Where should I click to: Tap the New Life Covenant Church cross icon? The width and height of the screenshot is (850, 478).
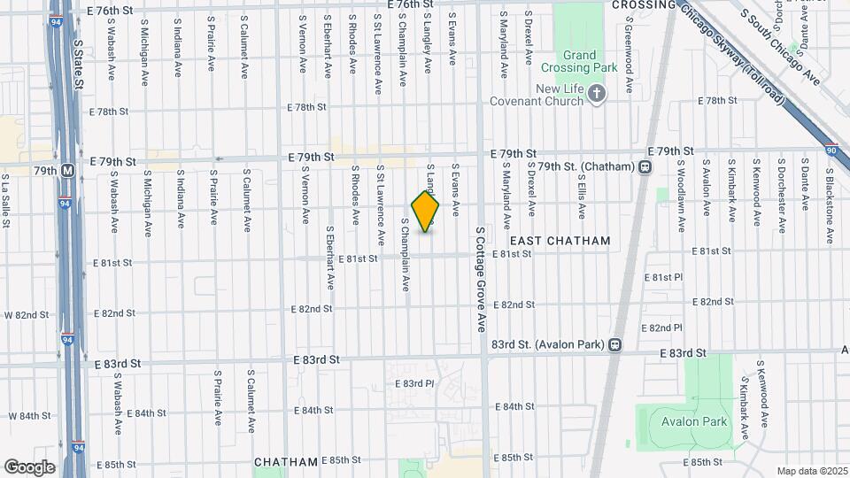597,94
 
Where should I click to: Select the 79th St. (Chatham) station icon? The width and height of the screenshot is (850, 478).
645,166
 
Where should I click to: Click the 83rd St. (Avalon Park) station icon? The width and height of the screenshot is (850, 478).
614,344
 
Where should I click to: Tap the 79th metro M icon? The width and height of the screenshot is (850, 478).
67,169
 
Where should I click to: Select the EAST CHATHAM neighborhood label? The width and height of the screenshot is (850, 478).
560,241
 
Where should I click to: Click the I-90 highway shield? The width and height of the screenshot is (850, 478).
832,150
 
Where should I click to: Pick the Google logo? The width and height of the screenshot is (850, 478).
28,466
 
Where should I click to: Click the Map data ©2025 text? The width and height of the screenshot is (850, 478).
811,471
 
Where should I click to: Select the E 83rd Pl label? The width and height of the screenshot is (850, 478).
415,383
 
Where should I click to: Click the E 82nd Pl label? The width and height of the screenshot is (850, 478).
665,328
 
